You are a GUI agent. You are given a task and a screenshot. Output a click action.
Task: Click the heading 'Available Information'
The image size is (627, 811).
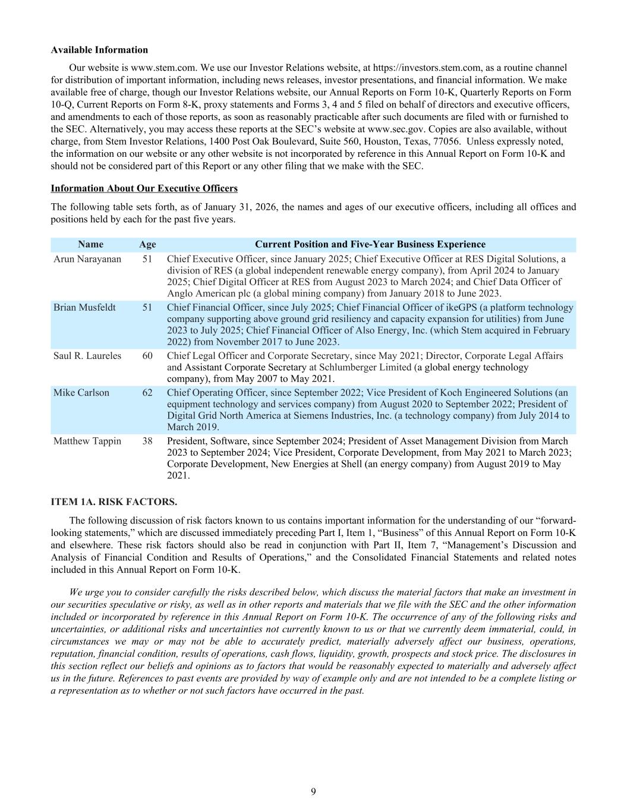tap(99, 50)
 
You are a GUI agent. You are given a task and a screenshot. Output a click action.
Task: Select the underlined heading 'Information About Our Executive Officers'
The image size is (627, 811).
tap(144, 188)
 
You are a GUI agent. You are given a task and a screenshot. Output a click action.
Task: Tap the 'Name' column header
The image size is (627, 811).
tap(90, 244)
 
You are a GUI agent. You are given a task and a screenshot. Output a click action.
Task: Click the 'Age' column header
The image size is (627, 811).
tap(147, 244)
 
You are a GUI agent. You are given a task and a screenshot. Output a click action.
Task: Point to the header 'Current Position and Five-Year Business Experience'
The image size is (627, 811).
tap(370, 244)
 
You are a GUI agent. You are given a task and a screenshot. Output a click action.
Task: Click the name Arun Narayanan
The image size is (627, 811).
tap(87, 259)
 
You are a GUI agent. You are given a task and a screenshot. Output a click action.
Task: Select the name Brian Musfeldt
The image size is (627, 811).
tap(84, 308)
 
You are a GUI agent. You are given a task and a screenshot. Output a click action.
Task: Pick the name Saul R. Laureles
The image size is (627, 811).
tap(87, 356)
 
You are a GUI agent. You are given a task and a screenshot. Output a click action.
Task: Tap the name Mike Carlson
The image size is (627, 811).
tap(81, 393)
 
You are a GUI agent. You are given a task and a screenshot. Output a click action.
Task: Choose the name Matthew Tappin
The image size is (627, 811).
tap(87, 441)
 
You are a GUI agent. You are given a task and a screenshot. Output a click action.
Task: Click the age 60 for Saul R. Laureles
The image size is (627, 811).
tap(147, 356)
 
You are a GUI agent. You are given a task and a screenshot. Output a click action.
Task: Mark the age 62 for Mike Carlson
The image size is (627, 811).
tap(147, 393)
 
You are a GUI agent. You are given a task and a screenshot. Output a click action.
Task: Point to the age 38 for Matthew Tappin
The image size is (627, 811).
tap(147, 441)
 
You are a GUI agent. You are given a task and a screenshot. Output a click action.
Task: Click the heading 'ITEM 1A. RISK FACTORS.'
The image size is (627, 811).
tap(114, 501)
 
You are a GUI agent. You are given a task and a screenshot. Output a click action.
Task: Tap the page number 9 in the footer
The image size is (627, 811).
tap(313, 791)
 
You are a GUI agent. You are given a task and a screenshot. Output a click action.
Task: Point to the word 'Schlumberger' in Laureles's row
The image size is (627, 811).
tap(348, 367)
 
